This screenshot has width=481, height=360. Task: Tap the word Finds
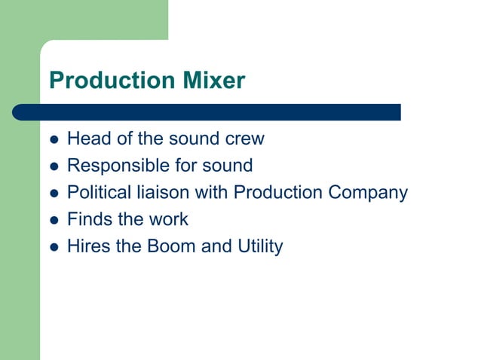point(87,219)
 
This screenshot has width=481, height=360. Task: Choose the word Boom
point(170,246)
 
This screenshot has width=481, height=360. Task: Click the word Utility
point(258,247)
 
